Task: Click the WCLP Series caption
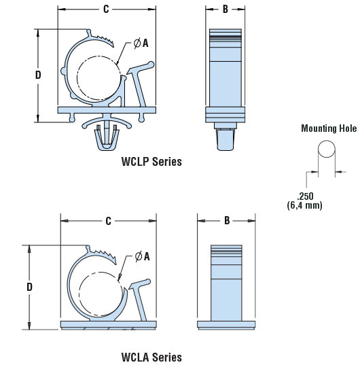[x=151, y=162]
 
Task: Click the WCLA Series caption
[x=151, y=357]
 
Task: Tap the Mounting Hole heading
[x=329, y=128]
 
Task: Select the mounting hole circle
[x=327, y=149]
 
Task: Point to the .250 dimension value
[x=305, y=196]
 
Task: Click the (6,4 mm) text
[x=304, y=205]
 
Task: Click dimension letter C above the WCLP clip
[x=106, y=9]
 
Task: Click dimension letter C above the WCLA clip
[x=108, y=221]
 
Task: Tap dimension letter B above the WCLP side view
[x=226, y=9]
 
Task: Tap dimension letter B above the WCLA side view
[x=227, y=220]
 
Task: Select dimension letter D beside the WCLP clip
[x=38, y=75]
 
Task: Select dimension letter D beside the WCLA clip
[x=29, y=287]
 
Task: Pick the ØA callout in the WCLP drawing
[x=141, y=43]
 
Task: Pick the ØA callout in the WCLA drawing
[x=142, y=256]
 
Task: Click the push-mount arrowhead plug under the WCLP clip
[x=107, y=137]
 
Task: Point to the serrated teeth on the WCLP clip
[x=103, y=39]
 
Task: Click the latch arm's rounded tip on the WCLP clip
[x=151, y=65]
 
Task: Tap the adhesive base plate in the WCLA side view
[x=226, y=326]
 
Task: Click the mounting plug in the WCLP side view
[x=226, y=137]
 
